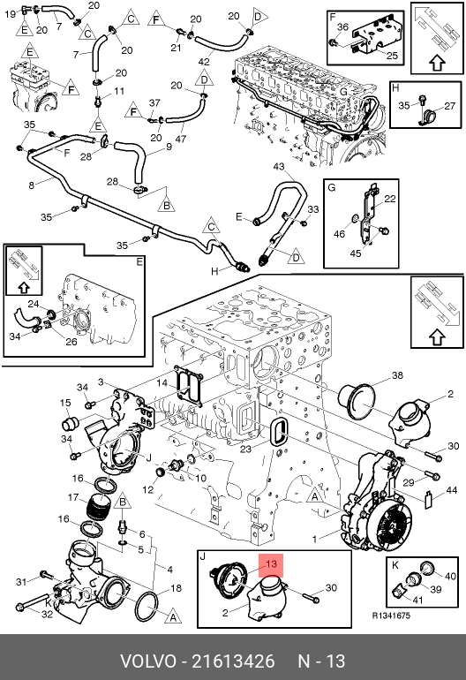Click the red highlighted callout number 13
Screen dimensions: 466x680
point(271,564)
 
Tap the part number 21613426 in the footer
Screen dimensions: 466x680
point(233,661)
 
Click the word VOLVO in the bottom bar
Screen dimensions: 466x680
point(148,661)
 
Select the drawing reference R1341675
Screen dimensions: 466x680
point(391,616)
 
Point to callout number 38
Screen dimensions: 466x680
point(397,375)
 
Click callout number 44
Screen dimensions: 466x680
point(452,490)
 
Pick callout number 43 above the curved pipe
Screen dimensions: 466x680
point(279,167)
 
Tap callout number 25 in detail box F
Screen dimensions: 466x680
point(392,55)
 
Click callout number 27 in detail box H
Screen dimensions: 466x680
point(450,106)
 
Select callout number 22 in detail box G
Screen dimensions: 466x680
point(390,199)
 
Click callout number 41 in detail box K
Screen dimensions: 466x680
point(417,601)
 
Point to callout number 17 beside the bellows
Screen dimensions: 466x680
point(73,497)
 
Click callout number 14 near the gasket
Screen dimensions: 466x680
point(162,383)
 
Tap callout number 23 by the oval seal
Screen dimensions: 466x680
point(245,449)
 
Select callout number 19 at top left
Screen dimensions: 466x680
point(11,14)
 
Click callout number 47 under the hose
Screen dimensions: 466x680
point(181,139)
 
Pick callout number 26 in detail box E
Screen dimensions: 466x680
point(71,342)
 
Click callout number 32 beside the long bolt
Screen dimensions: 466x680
point(47,614)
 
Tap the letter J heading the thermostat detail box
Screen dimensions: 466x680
point(202,556)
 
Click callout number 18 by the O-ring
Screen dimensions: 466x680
point(176,588)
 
